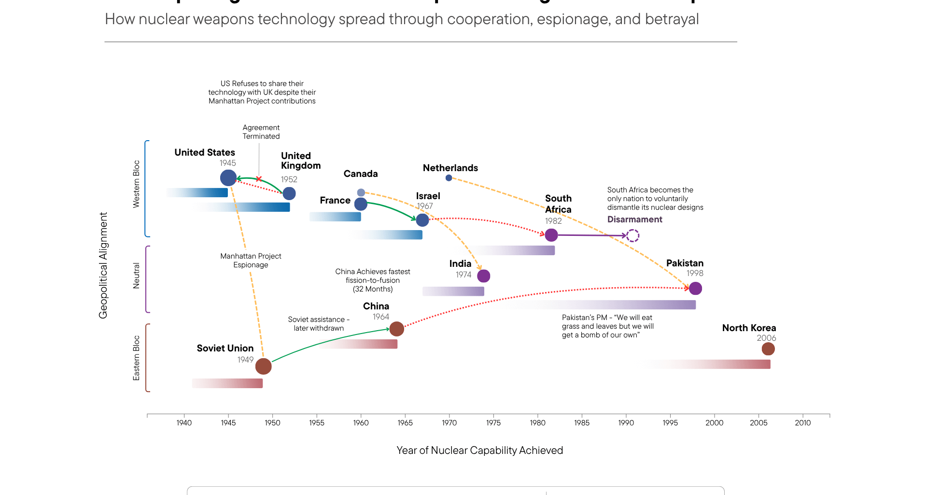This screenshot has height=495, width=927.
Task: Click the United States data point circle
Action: [x=228, y=178]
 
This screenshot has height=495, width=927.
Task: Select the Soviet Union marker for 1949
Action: [x=263, y=366]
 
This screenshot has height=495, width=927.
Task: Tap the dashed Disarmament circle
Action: [x=633, y=236]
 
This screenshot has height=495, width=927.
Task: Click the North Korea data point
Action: [x=768, y=349]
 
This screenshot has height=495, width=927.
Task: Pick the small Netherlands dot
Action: [x=449, y=178]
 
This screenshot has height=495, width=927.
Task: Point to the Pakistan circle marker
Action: [x=695, y=289]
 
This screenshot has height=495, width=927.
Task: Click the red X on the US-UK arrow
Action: [x=259, y=179]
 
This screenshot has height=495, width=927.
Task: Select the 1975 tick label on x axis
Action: [x=493, y=423]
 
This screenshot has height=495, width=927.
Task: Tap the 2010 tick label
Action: [x=803, y=423]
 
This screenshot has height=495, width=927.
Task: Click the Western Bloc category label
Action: [x=136, y=184]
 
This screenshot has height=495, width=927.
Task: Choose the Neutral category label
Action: [x=136, y=276]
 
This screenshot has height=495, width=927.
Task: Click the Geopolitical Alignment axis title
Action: [x=103, y=265]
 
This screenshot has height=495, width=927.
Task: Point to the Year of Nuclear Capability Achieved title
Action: [x=479, y=451]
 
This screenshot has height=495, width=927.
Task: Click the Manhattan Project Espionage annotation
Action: [x=251, y=261]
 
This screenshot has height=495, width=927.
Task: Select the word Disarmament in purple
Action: [x=634, y=219]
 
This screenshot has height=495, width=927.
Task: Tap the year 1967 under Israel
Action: [x=425, y=206]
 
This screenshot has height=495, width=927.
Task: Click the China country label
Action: [x=376, y=306]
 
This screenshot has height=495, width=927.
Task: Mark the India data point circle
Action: [x=483, y=276]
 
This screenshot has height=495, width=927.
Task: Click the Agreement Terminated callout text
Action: [x=261, y=132]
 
